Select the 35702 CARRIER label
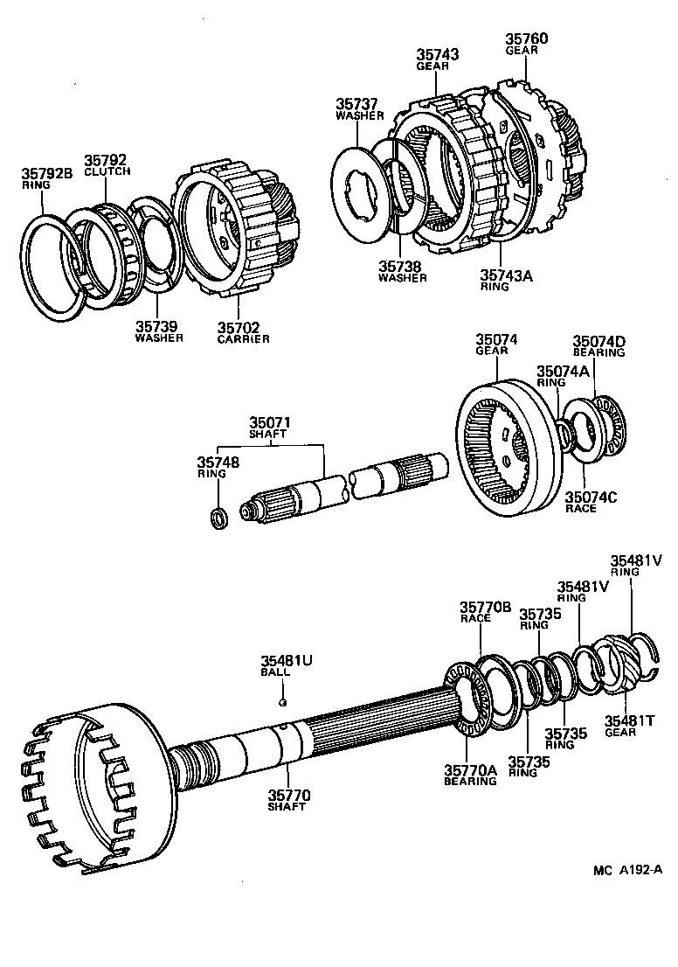[244, 331]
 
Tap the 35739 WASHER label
[159, 331]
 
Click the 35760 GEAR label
[526, 44]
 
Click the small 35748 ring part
[220, 518]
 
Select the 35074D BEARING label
[598, 346]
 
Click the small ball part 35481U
[282, 701]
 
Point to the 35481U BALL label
[285, 666]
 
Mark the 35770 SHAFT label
[289, 801]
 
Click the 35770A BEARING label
[470, 775]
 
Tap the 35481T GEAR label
[626, 726]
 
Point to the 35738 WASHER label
[402, 271]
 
